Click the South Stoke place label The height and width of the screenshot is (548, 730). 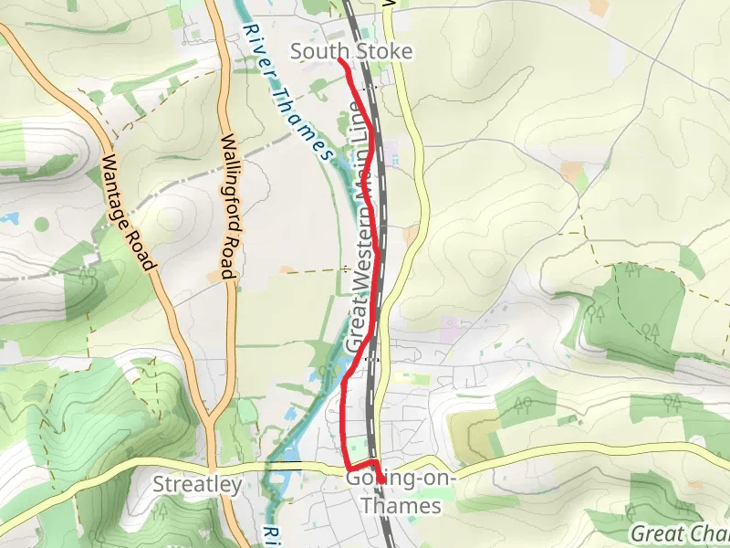(351, 52)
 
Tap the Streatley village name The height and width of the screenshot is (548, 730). (197, 484)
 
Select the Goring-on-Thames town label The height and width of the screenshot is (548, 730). (401, 491)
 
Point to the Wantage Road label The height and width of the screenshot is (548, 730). (125, 212)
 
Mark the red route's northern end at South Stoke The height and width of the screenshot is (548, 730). (340, 59)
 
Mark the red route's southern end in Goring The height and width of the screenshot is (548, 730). (381, 481)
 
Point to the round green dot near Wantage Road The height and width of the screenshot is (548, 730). (41, 223)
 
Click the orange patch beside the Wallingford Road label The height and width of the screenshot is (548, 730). (216, 274)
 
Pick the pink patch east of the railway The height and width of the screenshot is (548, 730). (450, 325)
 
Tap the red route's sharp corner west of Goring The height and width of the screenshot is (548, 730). (344, 466)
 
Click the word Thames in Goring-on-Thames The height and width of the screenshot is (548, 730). (401, 505)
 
